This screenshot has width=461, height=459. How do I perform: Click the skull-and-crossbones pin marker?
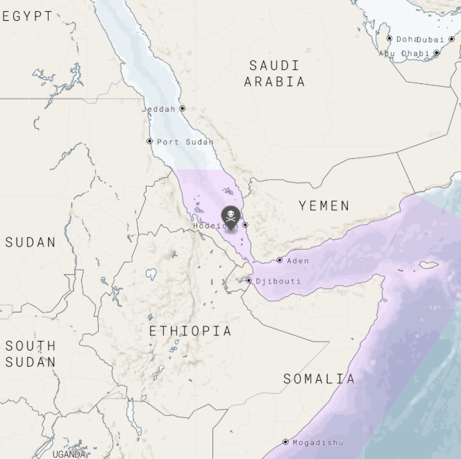pyautogui.click(x=230, y=217)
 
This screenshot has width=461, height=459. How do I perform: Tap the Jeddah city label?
pyautogui.click(x=159, y=109)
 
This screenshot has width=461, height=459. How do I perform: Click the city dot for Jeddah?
pyautogui.click(x=183, y=108)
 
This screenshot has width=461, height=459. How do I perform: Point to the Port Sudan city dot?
pyautogui.click(x=149, y=141)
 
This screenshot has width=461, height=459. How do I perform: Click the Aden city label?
pyautogui.click(x=298, y=261)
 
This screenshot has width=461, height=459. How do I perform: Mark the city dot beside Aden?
pyautogui.click(x=280, y=260)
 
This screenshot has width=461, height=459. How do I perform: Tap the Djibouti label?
pyautogui.click(x=278, y=281)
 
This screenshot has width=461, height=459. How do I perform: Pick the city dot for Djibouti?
pyautogui.click(x=249, y=281)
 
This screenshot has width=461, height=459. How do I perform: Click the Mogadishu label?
pyautogui.click(x=317, y=442)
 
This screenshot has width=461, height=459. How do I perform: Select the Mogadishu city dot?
pyautogui.click(x=285, y=442)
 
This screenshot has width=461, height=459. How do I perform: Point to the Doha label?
pyautogui.click(x=407, y=40)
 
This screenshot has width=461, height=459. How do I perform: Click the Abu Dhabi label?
pyautogui.click(x=404, y=53)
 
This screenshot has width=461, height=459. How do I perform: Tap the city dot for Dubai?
pyautogui.click(x=452, y=39)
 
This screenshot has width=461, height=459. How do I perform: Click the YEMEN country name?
pyautogui.click(x=324, y=206)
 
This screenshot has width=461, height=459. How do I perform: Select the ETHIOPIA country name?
pyautogui.click(x=190, y=331)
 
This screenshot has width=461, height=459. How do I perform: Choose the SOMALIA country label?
pyautogui.click(x=319, y=379)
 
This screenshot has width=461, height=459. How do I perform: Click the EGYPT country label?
pyautogui.click(x=28, y=17)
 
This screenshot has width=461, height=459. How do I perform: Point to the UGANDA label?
pyautogui.click(x=69, y=454)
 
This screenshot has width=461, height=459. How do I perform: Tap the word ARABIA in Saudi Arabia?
pyautogui.click(x=274, y=82)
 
